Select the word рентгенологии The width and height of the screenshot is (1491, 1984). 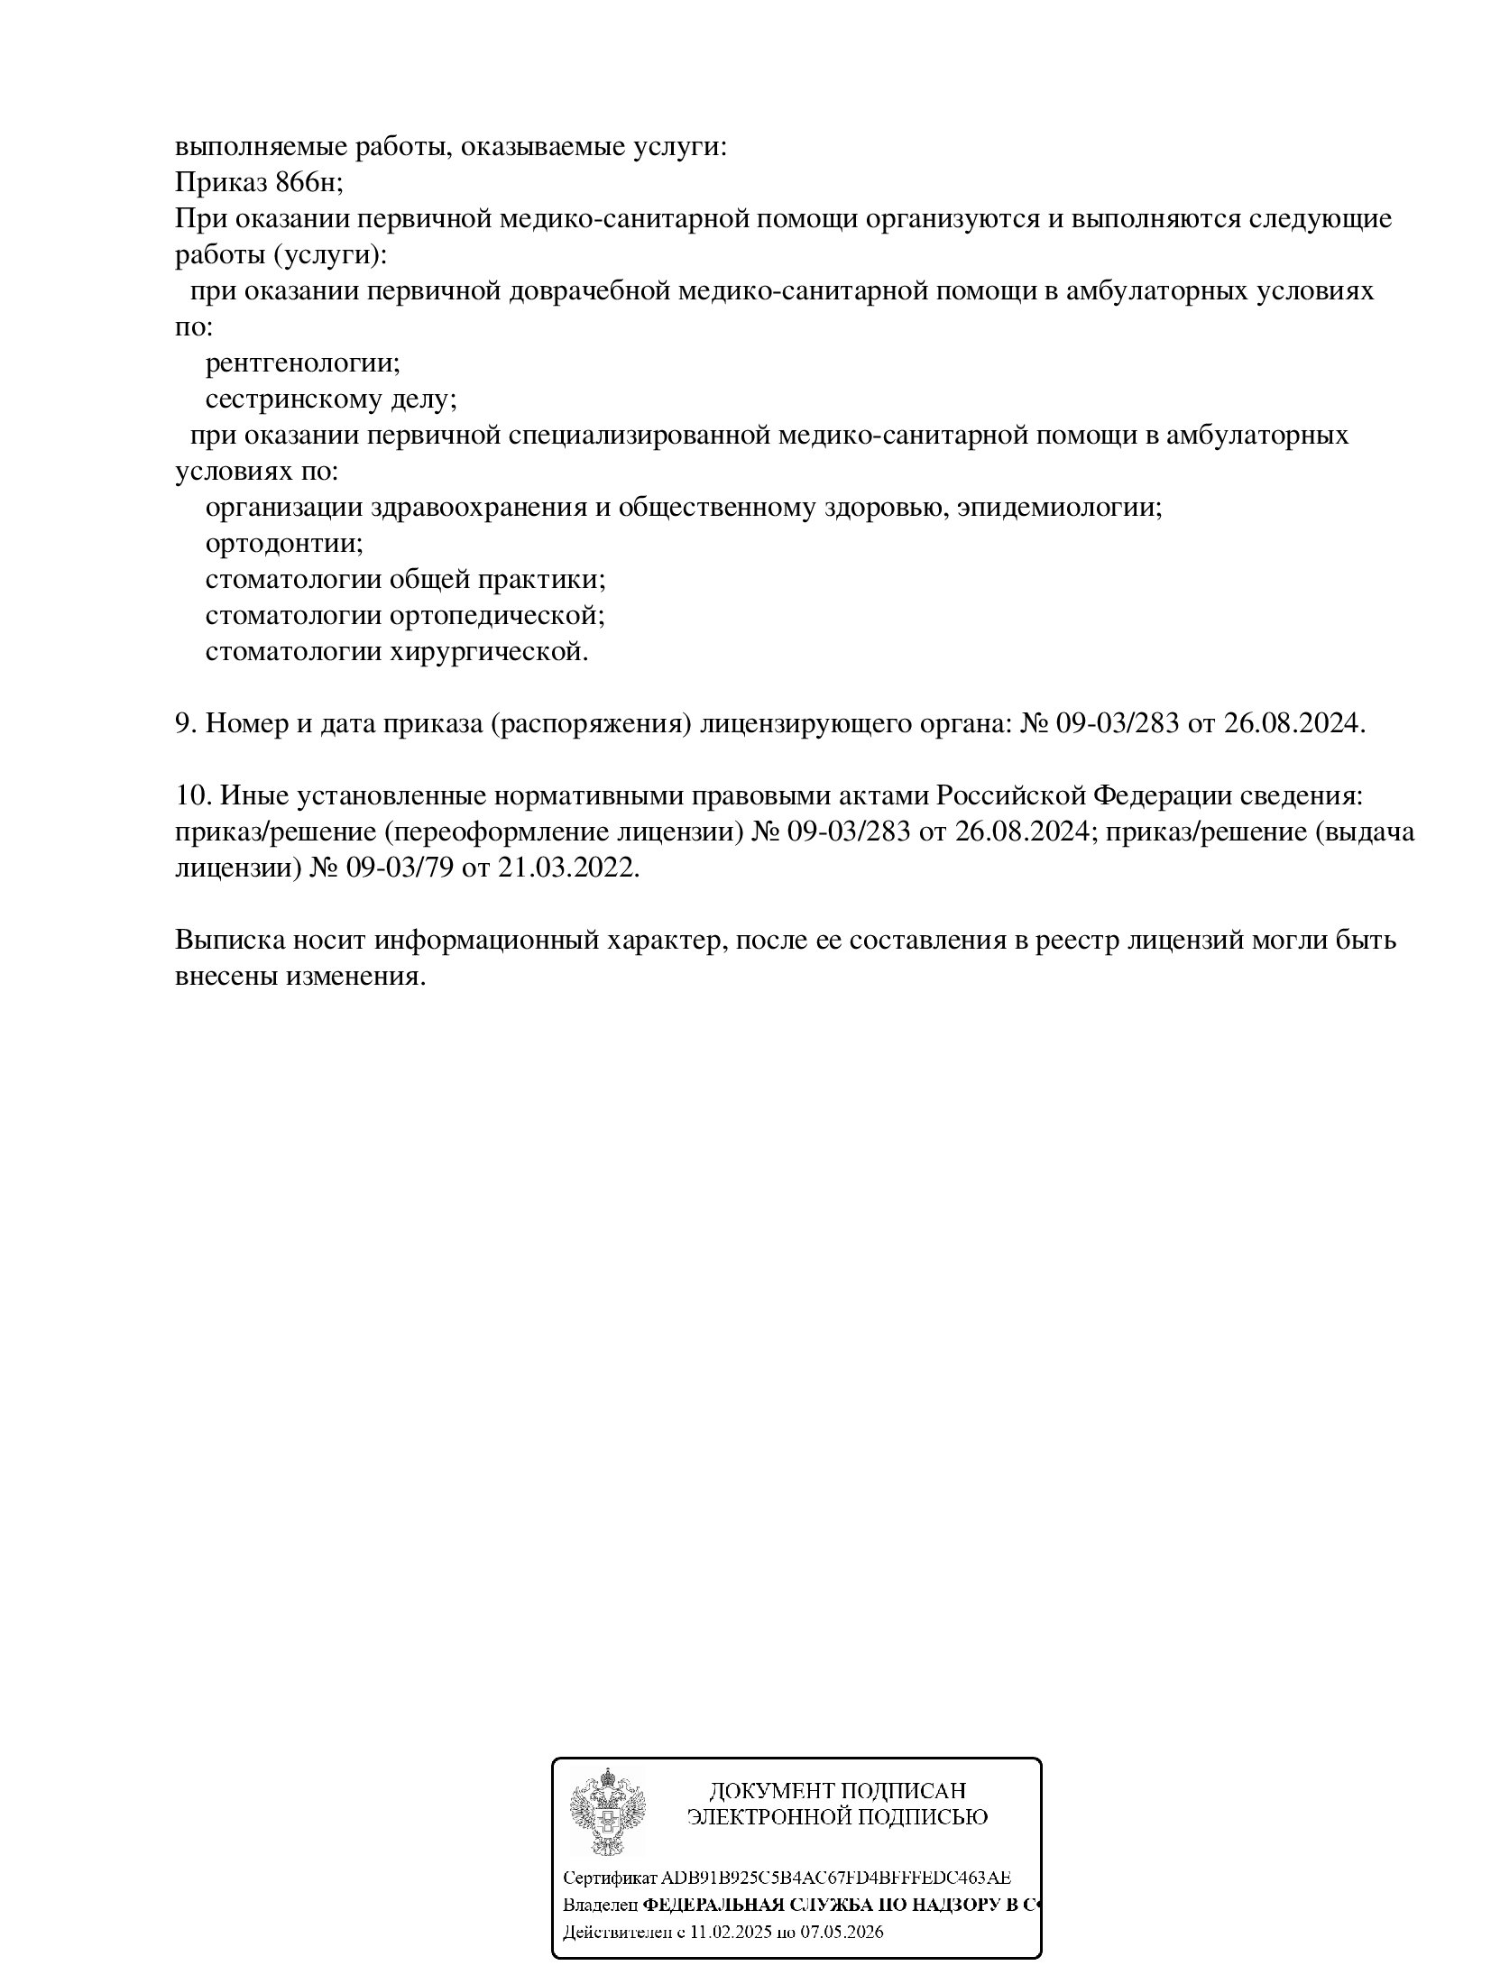tap(302, 363)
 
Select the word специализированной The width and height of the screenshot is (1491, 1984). tap(639, 436)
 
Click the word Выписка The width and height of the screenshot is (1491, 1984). tap(230, 941)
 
